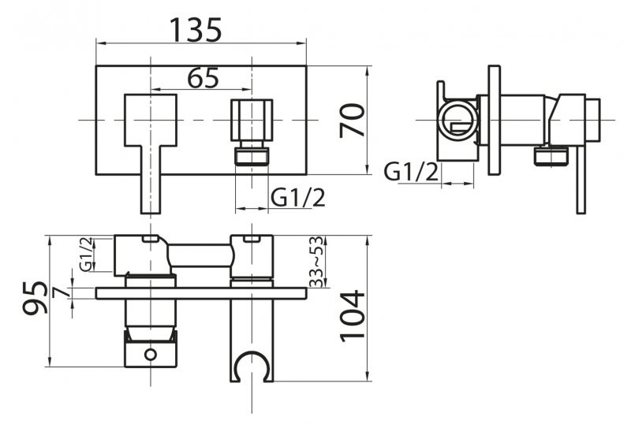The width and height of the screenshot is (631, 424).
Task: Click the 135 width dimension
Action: pos(197,30)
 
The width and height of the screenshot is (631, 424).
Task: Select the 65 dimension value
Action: pos(203,78)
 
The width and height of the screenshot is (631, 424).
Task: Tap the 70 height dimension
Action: pos(355,120)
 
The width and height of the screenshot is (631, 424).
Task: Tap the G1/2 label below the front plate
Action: pos(298,198)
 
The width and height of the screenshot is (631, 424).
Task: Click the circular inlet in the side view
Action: pos(457,120)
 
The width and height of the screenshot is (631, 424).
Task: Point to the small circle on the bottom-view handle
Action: pos(149,355)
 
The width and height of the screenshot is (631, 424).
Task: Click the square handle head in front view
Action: pos(150,118)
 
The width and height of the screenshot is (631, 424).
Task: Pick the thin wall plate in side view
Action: pos(495,120)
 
